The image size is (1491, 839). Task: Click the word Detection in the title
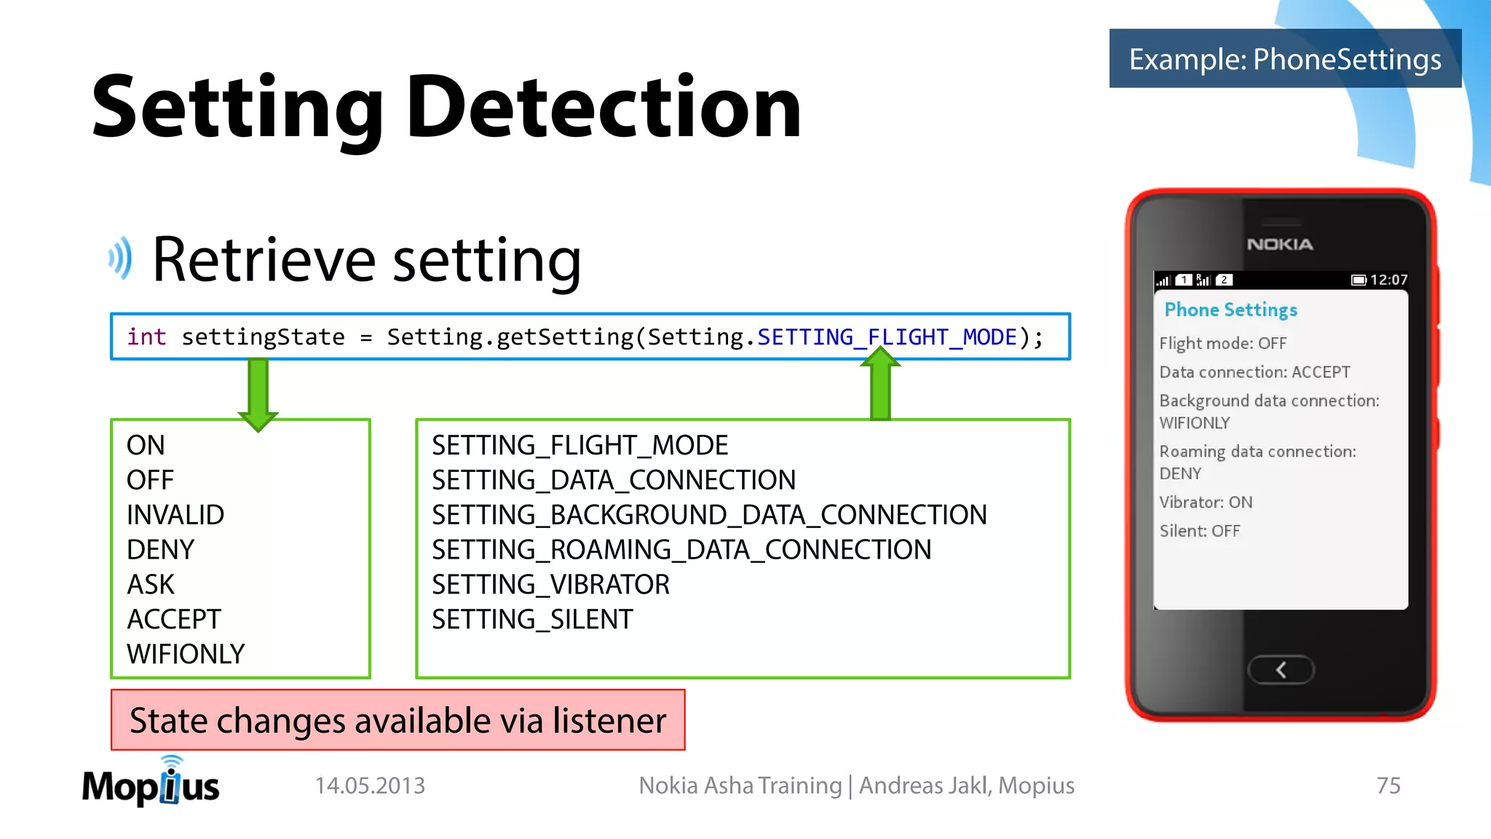(604, 108)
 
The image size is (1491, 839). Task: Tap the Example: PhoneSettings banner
(1284, 59)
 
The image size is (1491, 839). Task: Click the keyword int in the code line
(146, 337)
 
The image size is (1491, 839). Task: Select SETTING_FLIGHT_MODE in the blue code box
(886, 337)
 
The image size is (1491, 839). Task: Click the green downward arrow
(258, 394)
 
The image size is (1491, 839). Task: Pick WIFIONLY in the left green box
(186, 654)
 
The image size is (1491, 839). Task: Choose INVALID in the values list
(175, 515)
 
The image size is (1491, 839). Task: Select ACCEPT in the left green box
(173, 619)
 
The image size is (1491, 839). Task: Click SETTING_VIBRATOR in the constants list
(550, 584)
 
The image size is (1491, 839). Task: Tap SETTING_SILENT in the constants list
(532, 619)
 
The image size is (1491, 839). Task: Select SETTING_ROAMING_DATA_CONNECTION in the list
(681, 550)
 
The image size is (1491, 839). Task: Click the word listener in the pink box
(609, 721)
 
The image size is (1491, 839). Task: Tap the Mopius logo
(151, 784)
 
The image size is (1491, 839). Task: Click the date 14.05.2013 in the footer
(370, 786)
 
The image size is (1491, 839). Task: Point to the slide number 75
(1388, 786)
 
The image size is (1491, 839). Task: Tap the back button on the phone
(1281, 670)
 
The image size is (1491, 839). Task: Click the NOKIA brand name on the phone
(1280, 245)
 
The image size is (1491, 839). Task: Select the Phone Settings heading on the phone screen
(1230, 310)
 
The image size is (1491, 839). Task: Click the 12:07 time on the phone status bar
(1388, 280)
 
